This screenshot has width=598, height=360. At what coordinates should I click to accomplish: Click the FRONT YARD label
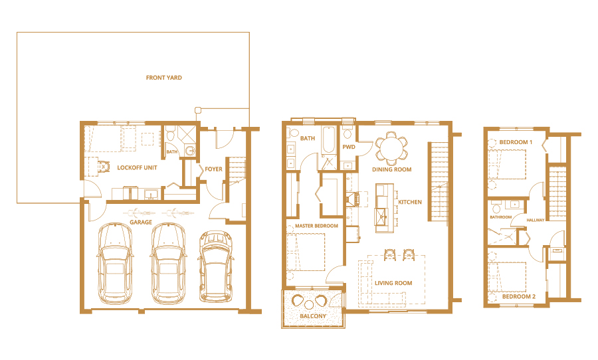point(164,78)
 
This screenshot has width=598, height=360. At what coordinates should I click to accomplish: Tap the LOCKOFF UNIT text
point(137,168)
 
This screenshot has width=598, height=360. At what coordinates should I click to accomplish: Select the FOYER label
point(213,169)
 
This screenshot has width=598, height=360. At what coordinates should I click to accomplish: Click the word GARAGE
point(141,223)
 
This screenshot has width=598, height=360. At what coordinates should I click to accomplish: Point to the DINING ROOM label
point(392,169)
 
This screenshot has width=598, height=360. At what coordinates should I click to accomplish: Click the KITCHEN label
point(409,202)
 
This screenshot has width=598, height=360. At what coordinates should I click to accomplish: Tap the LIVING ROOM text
point(393,284)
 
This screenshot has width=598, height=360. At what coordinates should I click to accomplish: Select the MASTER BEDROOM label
point(316,226)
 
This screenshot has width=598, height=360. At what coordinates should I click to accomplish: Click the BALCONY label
point(313,317)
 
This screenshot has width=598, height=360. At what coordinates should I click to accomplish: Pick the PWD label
point(348,147)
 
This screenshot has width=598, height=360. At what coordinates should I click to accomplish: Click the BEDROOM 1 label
point(516,143)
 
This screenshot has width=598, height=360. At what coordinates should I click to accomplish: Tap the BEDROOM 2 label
point(518,296)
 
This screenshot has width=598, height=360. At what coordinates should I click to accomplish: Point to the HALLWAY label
point(535,220)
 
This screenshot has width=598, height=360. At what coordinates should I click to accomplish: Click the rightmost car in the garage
point(215,266)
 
